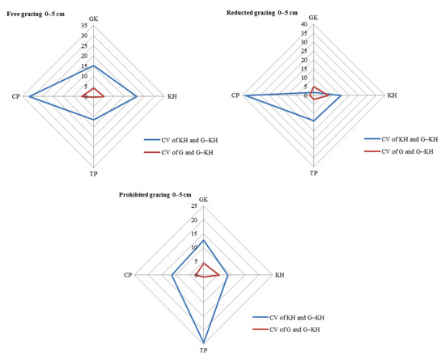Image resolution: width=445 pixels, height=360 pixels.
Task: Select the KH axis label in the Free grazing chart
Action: coord(172,97)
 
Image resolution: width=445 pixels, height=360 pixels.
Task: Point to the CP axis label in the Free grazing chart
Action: coord(15,97)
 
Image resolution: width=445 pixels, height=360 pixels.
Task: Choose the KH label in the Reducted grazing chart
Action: coord(392,96)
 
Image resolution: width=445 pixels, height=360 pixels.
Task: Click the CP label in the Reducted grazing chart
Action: coord(235,96)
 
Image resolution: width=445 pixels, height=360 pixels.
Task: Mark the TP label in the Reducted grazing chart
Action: coord(314,174)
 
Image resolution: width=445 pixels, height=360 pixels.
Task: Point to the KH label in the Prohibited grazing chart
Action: coord(279,276)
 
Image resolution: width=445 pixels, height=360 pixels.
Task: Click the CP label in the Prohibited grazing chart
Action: coord(128,276)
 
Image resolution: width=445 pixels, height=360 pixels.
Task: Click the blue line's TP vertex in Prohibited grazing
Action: coord(203,344)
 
